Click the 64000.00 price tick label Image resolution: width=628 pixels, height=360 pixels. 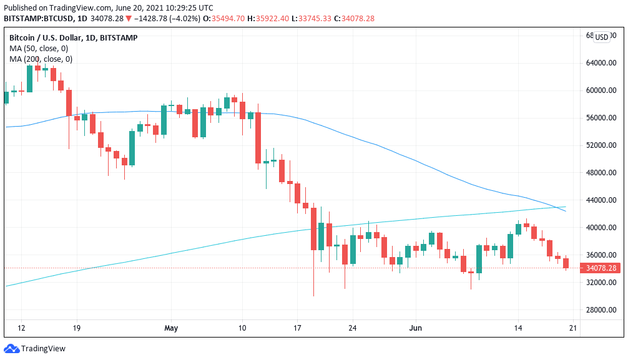pos(599,63)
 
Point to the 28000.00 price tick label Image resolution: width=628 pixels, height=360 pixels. pos(599,310)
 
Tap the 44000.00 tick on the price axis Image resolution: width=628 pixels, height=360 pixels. pos(599,200)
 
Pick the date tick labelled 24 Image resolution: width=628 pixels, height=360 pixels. pos(352,328)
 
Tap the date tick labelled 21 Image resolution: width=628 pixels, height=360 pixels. pos(574,328)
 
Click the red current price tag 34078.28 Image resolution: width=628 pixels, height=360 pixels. pos(600,268)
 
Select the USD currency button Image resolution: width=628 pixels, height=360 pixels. pos(602,37)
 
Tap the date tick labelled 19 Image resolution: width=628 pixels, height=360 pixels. pos(77,328)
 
